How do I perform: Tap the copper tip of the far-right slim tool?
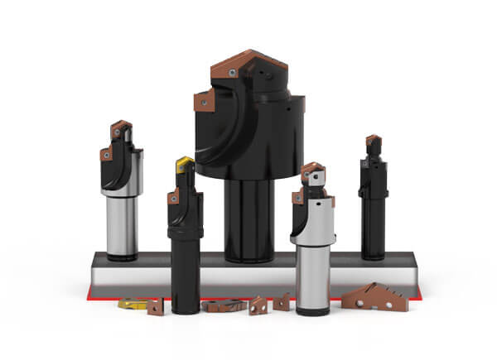[373, 142]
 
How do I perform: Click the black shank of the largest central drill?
[249, 219]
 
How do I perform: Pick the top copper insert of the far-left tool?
[121, 129]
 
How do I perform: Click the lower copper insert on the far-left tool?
[106, 154]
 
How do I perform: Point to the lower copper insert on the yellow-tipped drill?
[173, 198]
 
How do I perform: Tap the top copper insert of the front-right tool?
[312, 172]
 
